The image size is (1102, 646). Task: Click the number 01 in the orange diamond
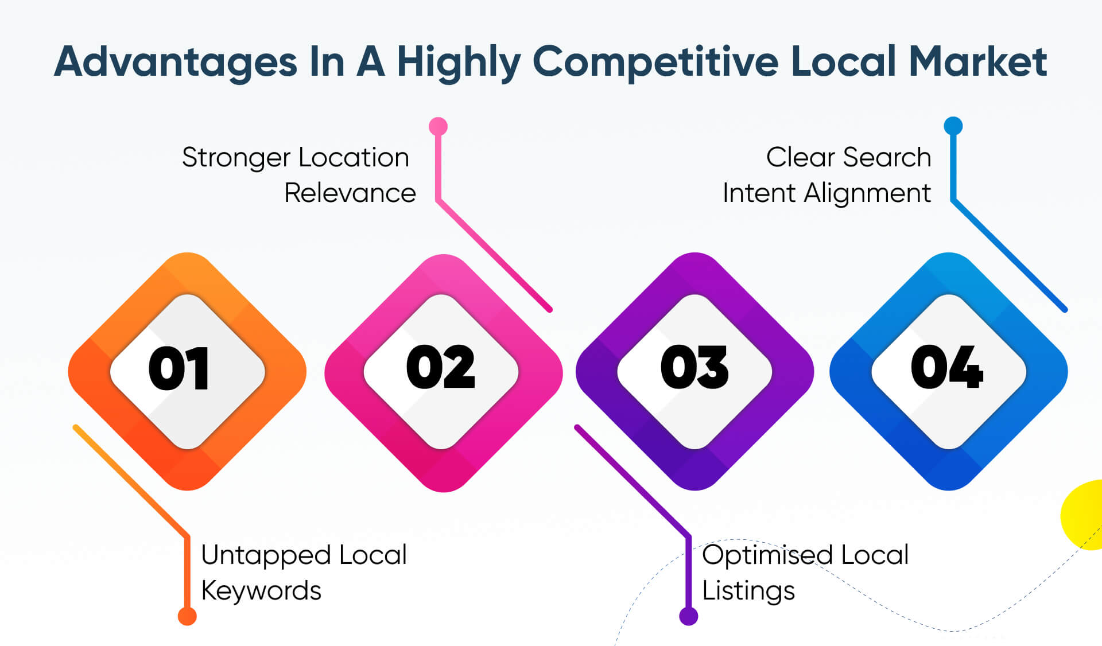179,368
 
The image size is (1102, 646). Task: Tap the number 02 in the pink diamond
441,367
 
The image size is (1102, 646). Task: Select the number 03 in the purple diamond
694,367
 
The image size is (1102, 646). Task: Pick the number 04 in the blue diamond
947,367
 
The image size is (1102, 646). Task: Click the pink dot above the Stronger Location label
438,126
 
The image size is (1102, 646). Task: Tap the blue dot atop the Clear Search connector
953,126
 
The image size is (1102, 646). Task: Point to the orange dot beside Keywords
187,616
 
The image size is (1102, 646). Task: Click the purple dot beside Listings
688,616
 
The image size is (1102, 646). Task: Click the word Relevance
350,193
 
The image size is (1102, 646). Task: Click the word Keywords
261,591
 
